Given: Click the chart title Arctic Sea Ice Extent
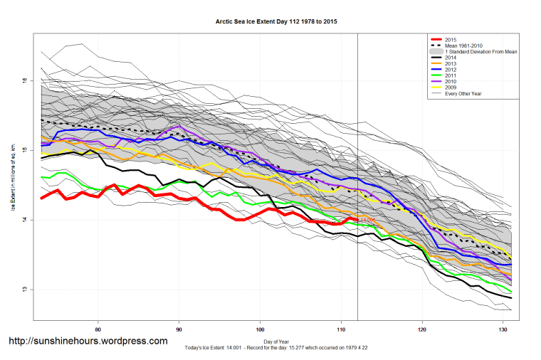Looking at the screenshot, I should pyautogui.click(x=276, y=22).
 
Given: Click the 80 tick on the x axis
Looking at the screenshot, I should pyautogui.click(x=98, y=329).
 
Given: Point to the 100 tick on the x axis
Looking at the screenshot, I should pyautogui.click(x=261, y=329).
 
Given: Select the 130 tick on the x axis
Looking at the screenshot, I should pyautogui.click(x=504, y=329).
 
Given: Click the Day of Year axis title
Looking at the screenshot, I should pyautogui.click(x=277, y=342).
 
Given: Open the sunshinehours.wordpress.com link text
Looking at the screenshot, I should pyautogui.click(x=88, y=342).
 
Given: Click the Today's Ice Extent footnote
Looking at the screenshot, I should pyautogui.click(x=276, y=348).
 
